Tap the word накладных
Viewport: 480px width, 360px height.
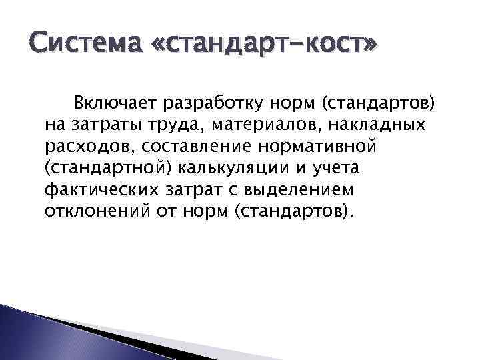click(x=368, y=125)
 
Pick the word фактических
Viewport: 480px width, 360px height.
click(x=102, y=189)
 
